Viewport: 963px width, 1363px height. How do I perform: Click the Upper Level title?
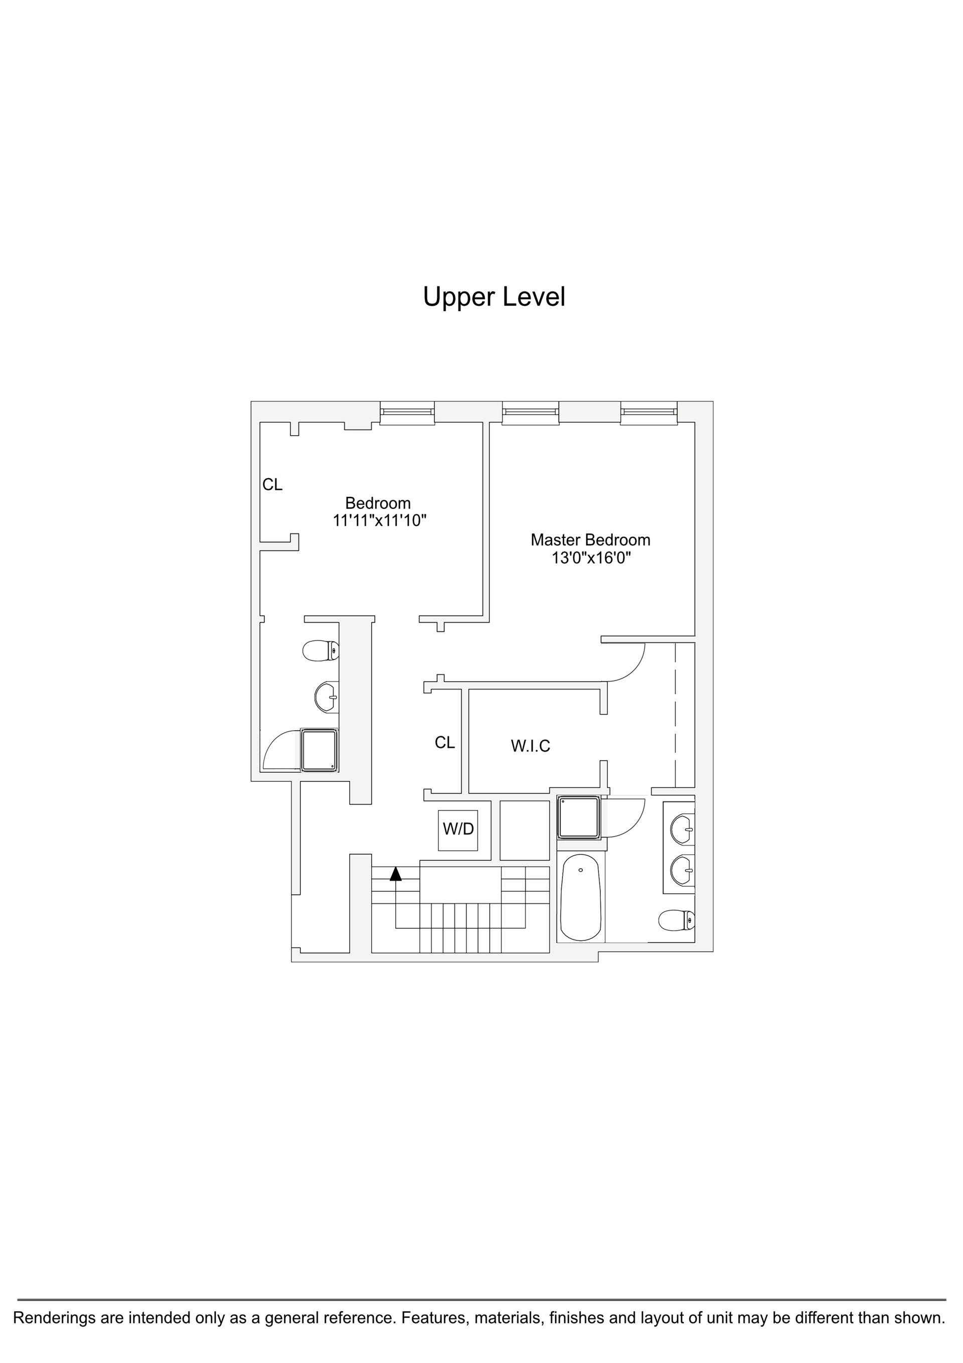click(x=494, y=297)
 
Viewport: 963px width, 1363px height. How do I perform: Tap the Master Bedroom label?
click(x=590, y=539)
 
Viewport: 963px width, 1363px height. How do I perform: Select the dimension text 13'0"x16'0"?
click(x=590, y=558)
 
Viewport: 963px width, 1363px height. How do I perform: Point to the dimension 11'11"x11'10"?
click(x=380, y=520)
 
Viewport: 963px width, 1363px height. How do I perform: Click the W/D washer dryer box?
click(x=458, y=830)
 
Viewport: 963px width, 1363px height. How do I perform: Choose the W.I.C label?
click(x=531, y=746)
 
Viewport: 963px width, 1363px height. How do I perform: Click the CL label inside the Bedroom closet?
click(x=272, y=485)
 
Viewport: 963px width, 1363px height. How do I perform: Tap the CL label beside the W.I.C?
click(x=444, y=743)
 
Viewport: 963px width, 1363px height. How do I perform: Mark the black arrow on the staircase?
click(x=396, y=874)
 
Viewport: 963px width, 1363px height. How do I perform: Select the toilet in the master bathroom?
click(x=677, y=921)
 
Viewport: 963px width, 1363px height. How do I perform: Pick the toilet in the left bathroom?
click(x=320, y=650)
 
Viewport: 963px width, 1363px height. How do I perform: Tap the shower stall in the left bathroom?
click(x=319, y=750)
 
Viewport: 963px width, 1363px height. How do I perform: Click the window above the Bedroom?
click(x=407, y=413)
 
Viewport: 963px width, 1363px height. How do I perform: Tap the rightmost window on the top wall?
click(x=649, y=413)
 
